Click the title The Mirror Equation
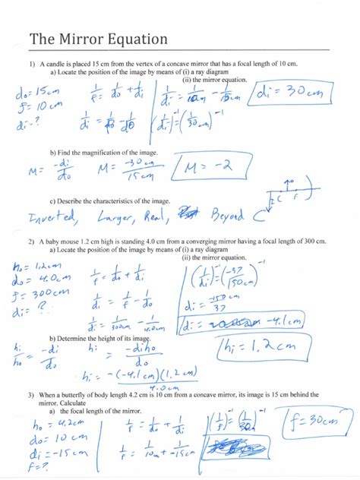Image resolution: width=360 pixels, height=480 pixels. (99, 39)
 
